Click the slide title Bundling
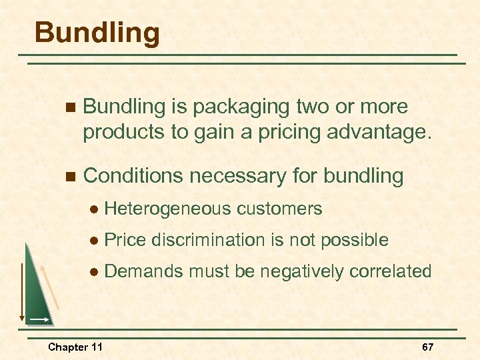97,33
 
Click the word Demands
143,271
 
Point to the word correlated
389,271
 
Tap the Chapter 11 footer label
75,347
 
